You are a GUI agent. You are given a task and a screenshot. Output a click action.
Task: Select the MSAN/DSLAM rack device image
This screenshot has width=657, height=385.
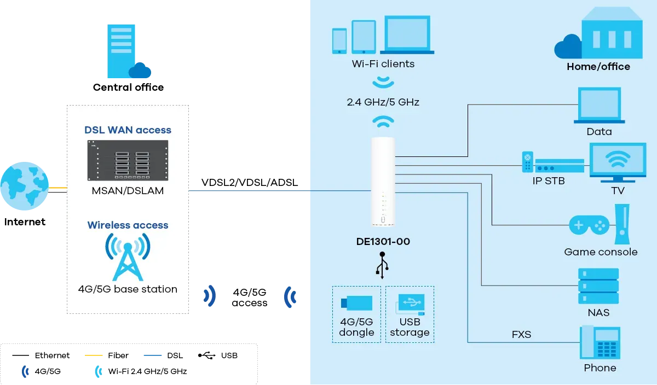pos(128,160)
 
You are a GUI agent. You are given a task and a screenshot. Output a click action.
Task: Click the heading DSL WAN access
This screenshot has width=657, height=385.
pos(128,130)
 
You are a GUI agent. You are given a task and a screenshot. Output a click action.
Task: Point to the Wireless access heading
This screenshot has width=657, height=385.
pos(128,225)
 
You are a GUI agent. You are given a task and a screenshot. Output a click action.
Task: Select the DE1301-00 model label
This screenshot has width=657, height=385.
pos(383,241)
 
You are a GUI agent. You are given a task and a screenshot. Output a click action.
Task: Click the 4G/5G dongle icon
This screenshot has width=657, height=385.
pos(356,304)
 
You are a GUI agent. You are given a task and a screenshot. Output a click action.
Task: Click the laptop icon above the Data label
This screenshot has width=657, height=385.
pos(599,106)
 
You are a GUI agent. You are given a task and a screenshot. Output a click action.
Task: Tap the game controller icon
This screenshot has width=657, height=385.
pos(589,225)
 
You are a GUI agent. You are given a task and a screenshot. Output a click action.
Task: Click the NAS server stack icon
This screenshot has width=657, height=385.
pos(598,286)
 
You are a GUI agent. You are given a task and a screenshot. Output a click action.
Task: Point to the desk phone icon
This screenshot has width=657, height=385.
pos(600,342)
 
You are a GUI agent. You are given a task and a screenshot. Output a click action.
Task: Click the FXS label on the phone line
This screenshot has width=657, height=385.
pos(521,334)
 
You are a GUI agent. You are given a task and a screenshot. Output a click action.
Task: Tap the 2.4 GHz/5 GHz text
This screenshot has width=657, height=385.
pos(383,102)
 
